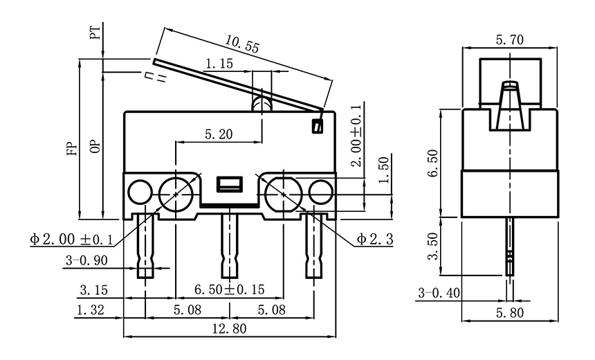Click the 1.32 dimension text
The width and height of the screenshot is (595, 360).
91,311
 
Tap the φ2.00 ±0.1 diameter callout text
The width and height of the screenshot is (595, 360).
71,240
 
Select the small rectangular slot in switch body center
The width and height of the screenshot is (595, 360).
229,184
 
